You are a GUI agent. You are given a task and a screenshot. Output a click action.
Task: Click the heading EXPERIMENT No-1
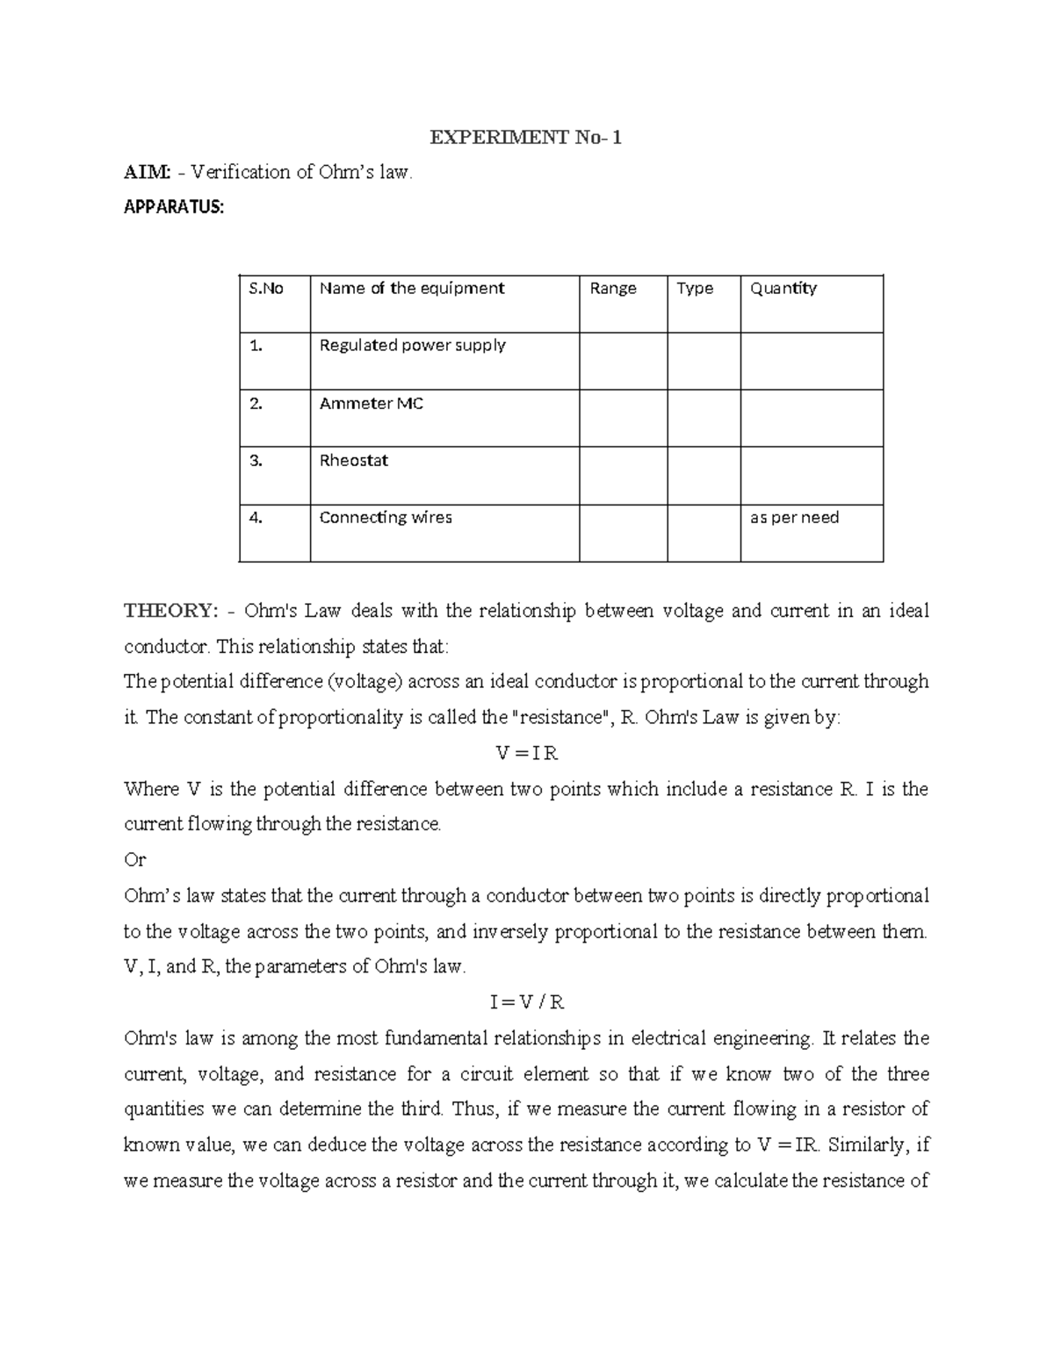click(x=525, y=138)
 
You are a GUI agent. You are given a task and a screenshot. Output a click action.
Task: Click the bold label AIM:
click(x=147, y=173)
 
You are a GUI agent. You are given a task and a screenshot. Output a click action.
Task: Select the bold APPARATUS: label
click(x=174, y=208)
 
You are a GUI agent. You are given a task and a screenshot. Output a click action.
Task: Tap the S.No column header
click(x=266, y=289)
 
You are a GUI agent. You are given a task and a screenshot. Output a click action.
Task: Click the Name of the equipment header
click(x=412, y=289)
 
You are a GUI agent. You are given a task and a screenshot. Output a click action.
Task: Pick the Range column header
click(x=613, y=289)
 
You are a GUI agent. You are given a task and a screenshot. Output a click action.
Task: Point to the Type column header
click(x=695, y=289)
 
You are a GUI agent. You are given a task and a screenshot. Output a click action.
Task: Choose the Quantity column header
click(x=783, y=289)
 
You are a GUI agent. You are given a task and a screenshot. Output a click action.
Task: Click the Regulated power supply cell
click(x=413, y=346)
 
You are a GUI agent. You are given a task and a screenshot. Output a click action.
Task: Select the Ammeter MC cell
click(x=372, y=404)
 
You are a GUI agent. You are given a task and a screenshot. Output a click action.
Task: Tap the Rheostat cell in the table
click(x=354, y=461)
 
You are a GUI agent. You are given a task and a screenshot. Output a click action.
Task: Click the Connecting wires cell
click(x=386, y=518)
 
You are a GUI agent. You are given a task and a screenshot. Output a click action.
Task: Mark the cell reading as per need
click(x=794, y=518)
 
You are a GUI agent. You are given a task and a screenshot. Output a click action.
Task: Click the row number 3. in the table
click(x=256, y=461)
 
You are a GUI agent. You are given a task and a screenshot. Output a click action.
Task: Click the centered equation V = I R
click(x=527, y=754)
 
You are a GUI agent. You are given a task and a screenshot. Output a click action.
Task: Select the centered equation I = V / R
click(x=527, y=1002)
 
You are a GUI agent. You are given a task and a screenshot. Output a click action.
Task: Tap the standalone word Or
click(x=134, y=860)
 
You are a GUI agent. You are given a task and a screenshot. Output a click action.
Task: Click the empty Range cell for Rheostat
click(x=623, y=475)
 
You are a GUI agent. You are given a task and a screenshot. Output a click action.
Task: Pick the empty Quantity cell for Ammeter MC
click(x=812, y=418)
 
